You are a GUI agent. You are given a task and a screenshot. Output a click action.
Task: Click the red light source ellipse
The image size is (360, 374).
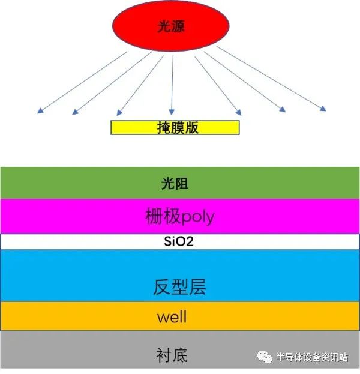pos(171,26)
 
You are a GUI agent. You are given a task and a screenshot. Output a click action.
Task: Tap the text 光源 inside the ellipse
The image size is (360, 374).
pos(171,26)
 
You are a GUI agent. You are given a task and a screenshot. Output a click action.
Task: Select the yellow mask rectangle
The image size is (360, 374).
pos(175,128)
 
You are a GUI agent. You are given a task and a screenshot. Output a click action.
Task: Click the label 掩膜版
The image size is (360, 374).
pos(178,128)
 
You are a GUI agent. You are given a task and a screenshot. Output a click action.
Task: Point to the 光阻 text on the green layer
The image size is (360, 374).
pos(175,184)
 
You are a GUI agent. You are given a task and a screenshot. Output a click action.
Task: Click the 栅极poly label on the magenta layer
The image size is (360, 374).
pos(180,216)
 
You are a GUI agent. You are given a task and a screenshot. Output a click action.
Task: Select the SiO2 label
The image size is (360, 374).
pos(179,241)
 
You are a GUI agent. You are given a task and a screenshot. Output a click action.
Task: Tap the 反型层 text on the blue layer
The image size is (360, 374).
pos(179,287)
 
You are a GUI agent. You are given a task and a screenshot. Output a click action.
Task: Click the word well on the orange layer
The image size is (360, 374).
pos(172,317)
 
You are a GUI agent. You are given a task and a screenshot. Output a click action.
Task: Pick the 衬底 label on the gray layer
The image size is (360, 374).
pos(172,355)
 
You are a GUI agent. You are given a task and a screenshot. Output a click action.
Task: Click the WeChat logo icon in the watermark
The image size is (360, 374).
pos(265,357)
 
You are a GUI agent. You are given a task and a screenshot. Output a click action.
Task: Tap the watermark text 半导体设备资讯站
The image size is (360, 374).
pos(312,357)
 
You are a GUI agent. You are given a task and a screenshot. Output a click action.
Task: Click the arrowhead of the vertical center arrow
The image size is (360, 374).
pos(172,112)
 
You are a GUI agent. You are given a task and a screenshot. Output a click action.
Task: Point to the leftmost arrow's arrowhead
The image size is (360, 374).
pos(40,111)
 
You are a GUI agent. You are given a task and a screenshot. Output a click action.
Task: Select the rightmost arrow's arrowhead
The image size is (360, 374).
pos(323,109)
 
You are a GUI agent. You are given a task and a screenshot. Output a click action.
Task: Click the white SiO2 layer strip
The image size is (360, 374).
pos(180,241)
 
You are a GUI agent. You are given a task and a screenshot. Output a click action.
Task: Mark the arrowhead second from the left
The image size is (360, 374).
pos(75,112)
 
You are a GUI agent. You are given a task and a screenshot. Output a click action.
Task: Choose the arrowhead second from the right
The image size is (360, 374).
pos(283,109)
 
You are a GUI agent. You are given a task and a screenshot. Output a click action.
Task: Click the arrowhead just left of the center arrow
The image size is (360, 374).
pos(119,113)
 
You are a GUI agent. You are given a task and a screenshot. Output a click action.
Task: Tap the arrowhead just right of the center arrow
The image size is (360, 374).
pos(239,113)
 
